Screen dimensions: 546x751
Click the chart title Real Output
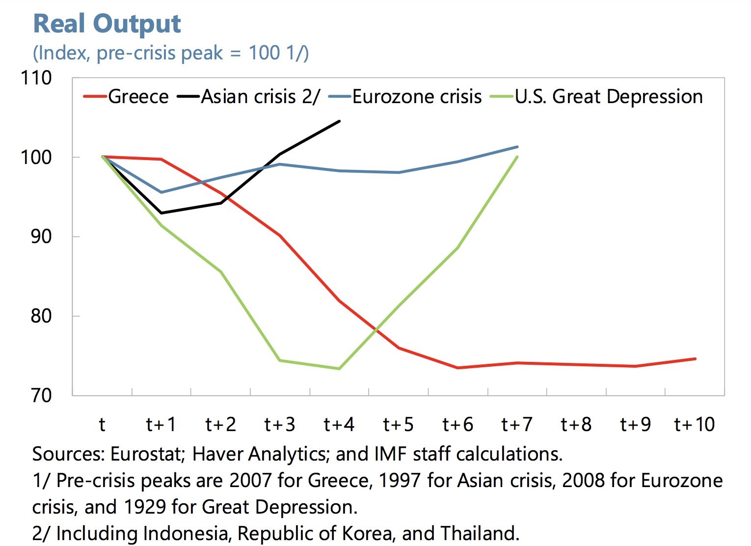pyautogui.click(x=107, y=24)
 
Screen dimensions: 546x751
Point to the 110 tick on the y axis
pyautogui.click(x=35, y=78)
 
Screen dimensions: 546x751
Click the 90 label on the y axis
pyautogui.click(x=40, y=236)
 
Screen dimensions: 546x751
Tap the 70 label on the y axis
pyautogui.click(x=40, y=395)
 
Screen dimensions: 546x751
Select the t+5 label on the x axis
pyautogui.click(x=398, y=424)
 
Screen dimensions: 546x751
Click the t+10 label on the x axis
pyautogui.click(x=695, y=424)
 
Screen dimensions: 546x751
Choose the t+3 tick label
pyautogui.click(x=279, y=424)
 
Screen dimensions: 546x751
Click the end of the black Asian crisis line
pyautogui.click(x=339, y=121)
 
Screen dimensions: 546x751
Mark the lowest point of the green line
pyautogui.click(x=339, y=369)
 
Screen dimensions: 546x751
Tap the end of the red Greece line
pyautogui.click(x=695, y=359)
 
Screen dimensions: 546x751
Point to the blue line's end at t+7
pyautogui.click(x=517, y=147)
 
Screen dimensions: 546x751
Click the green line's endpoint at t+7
pyautogui.click(x=517, y=157)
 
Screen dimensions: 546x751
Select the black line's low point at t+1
pyautogui.click(x=161, y=213)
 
